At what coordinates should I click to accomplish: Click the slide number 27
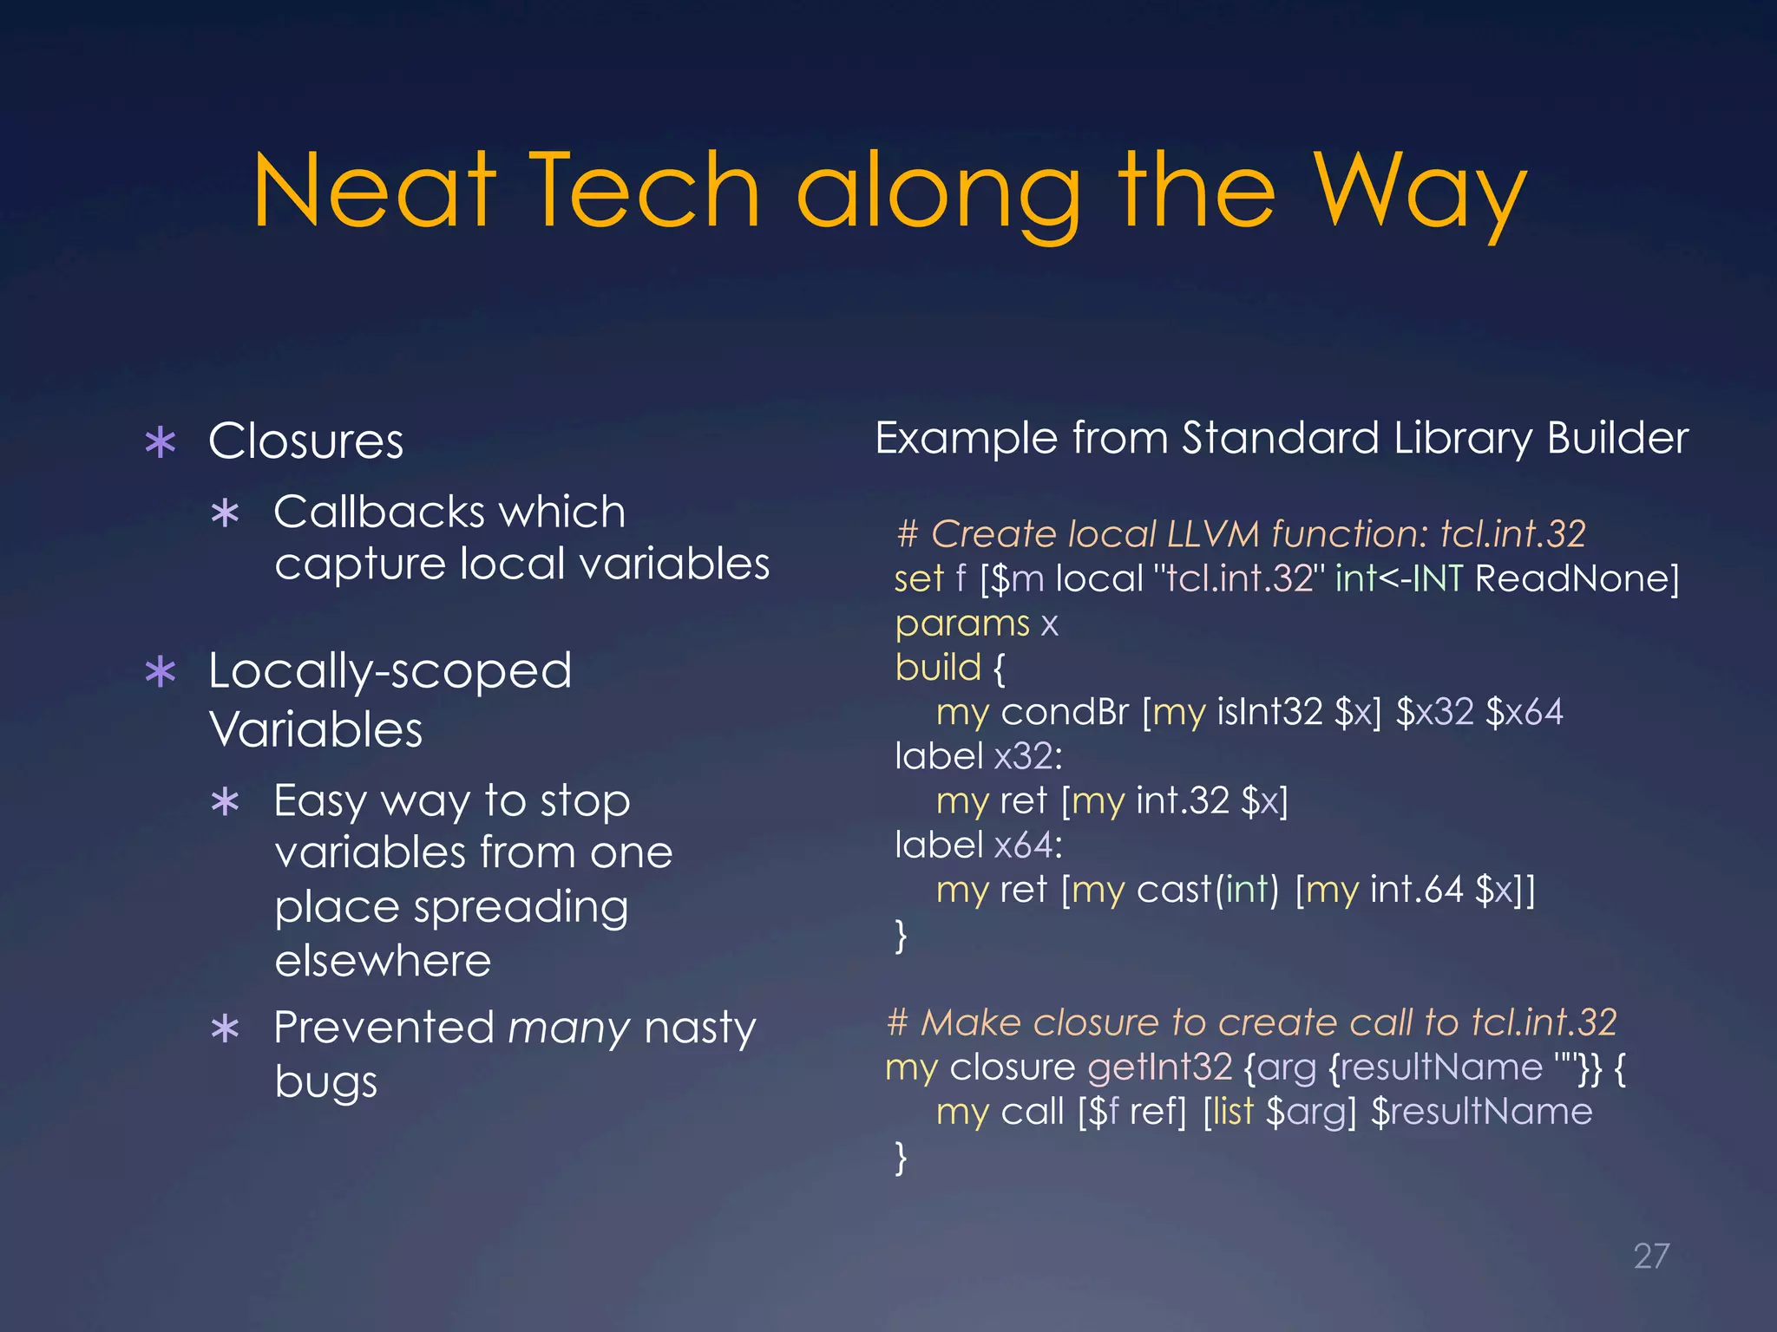point(1650,1256)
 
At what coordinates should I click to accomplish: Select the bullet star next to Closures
point(161,442)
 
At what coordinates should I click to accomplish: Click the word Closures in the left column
point(305,441)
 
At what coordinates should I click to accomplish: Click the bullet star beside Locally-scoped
point(161,672)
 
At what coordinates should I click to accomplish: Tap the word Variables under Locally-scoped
point(316,729)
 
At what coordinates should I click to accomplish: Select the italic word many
point(568,1029)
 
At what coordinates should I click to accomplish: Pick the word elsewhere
point(383,961)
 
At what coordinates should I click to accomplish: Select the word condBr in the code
point(1065,712)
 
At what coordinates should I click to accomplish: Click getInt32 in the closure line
point(1159,1068)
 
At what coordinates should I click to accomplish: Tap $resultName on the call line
point(1481,1112)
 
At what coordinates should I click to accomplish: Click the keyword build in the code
point(938,668)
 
